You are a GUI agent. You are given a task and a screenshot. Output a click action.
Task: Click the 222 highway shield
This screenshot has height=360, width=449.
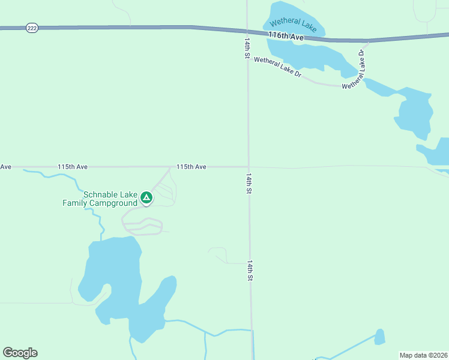pyautogui.click(x=32, y=28)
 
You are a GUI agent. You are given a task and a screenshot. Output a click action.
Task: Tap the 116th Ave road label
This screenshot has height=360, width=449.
pyautogui.click(x=286, y=36)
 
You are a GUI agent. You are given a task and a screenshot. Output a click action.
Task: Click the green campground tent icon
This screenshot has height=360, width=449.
pyautogui.click(x=146, y=197)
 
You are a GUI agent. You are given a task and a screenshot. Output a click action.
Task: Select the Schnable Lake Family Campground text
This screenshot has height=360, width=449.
pyautogui.click(x=101, y=199)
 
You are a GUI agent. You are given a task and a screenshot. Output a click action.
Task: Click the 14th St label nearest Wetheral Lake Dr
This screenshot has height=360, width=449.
pyautogui.click(x=247, y=48)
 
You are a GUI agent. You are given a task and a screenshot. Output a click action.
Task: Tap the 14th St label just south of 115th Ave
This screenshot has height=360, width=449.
pyautogui.click(x=249, y=184)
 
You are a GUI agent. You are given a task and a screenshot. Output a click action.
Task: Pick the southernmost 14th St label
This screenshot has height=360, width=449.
pyautogui.click(x=250, y=271)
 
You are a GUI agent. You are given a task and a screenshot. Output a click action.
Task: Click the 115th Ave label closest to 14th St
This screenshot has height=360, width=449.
pyautogui.click(x=191, y=166)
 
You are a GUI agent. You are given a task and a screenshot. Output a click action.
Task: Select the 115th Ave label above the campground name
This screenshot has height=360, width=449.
pyautogui.click(x=73, y=166)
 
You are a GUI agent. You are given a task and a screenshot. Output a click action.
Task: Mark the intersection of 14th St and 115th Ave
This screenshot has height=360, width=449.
pyautogui.click(x=248, y=167)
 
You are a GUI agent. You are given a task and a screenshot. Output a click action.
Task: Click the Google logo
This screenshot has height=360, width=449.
pyautogui.click(x=20, y=353)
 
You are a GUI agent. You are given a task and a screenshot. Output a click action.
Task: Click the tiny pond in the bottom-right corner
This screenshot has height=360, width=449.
pyautogui.click(x=379, y=337)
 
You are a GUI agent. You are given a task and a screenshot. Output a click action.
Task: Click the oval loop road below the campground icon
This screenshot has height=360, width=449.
pyautogui.click(x=142, y=227)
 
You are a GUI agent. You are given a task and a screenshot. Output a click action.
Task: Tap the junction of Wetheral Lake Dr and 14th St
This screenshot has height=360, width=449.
pyautogui.click(x=248, y=58)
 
